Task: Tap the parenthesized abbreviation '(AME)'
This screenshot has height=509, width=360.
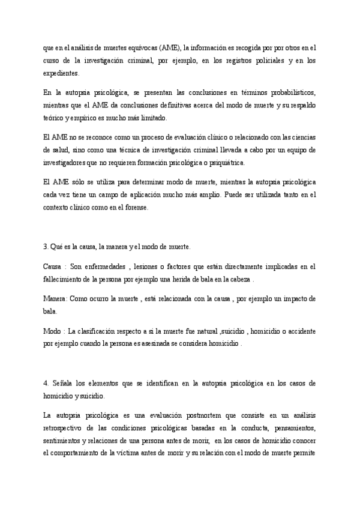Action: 178,47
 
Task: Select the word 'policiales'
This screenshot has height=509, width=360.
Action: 264,61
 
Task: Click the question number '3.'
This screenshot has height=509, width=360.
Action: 46,247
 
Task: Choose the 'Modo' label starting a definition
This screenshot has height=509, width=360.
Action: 52,331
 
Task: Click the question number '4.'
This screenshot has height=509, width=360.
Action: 46,383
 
